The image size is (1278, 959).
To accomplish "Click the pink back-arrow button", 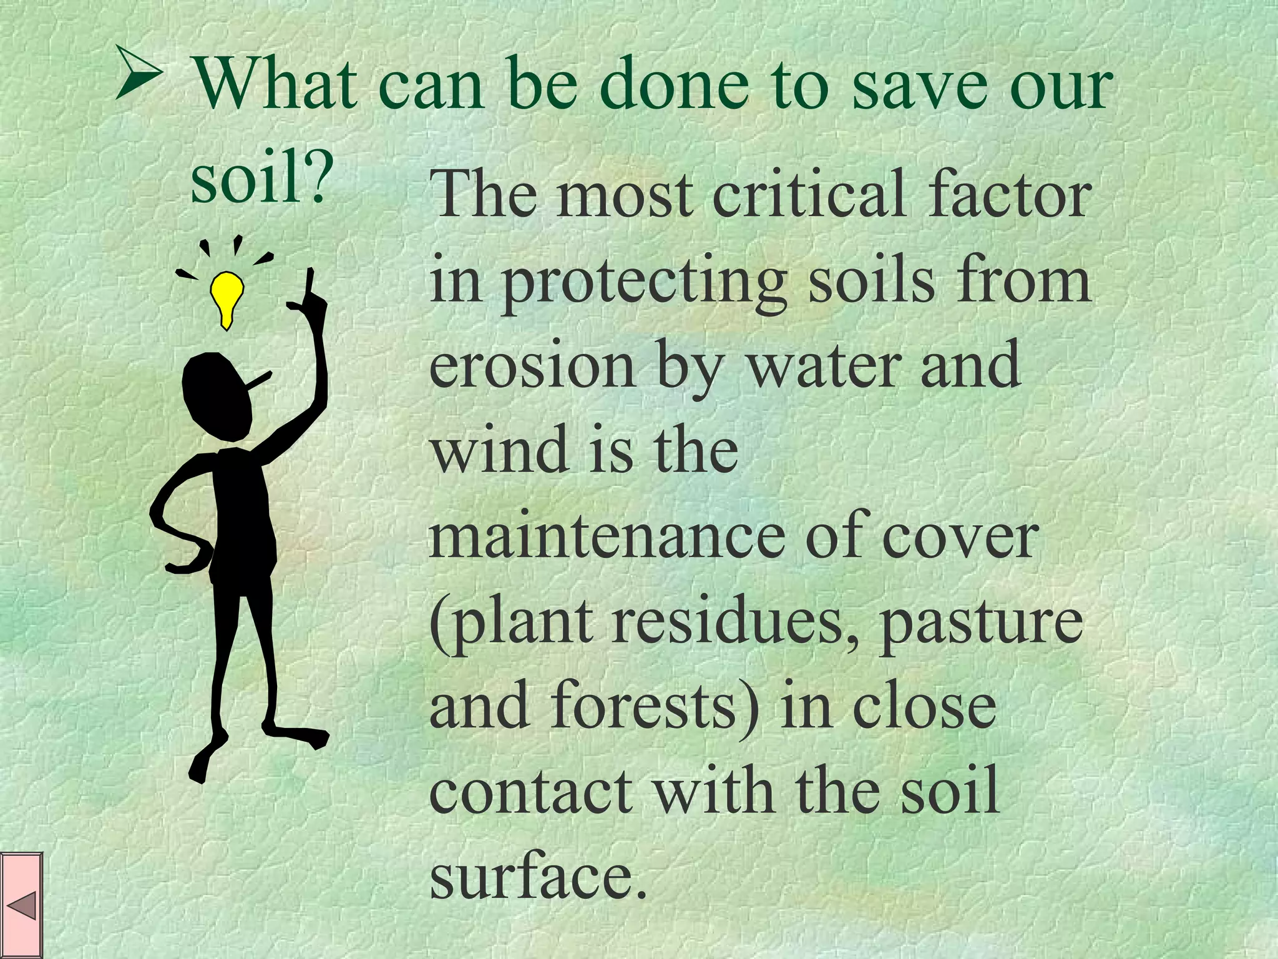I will (21, 905).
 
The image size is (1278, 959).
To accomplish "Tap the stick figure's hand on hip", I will (181, 565).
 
